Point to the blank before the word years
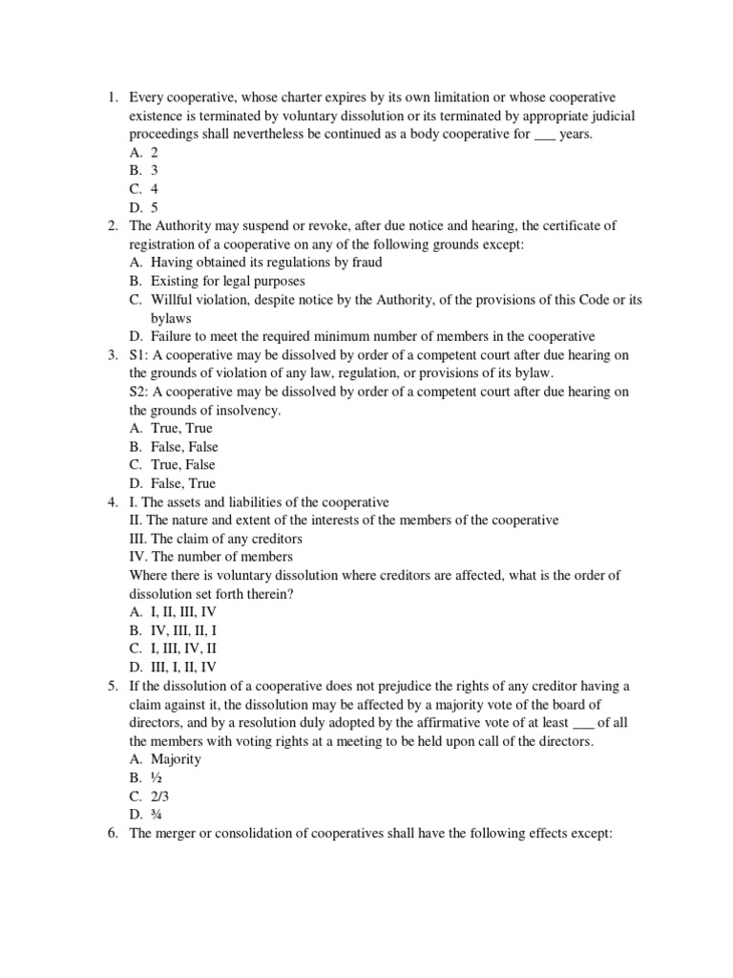(544, 135)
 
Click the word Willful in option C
(173, 299)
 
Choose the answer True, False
(182, 465)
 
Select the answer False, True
(182, 483)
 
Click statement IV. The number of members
(211, 556)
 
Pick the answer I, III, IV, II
(183, 648)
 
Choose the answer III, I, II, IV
(183, 666)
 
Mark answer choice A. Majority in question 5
(164, 759)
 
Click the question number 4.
(112, 501)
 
